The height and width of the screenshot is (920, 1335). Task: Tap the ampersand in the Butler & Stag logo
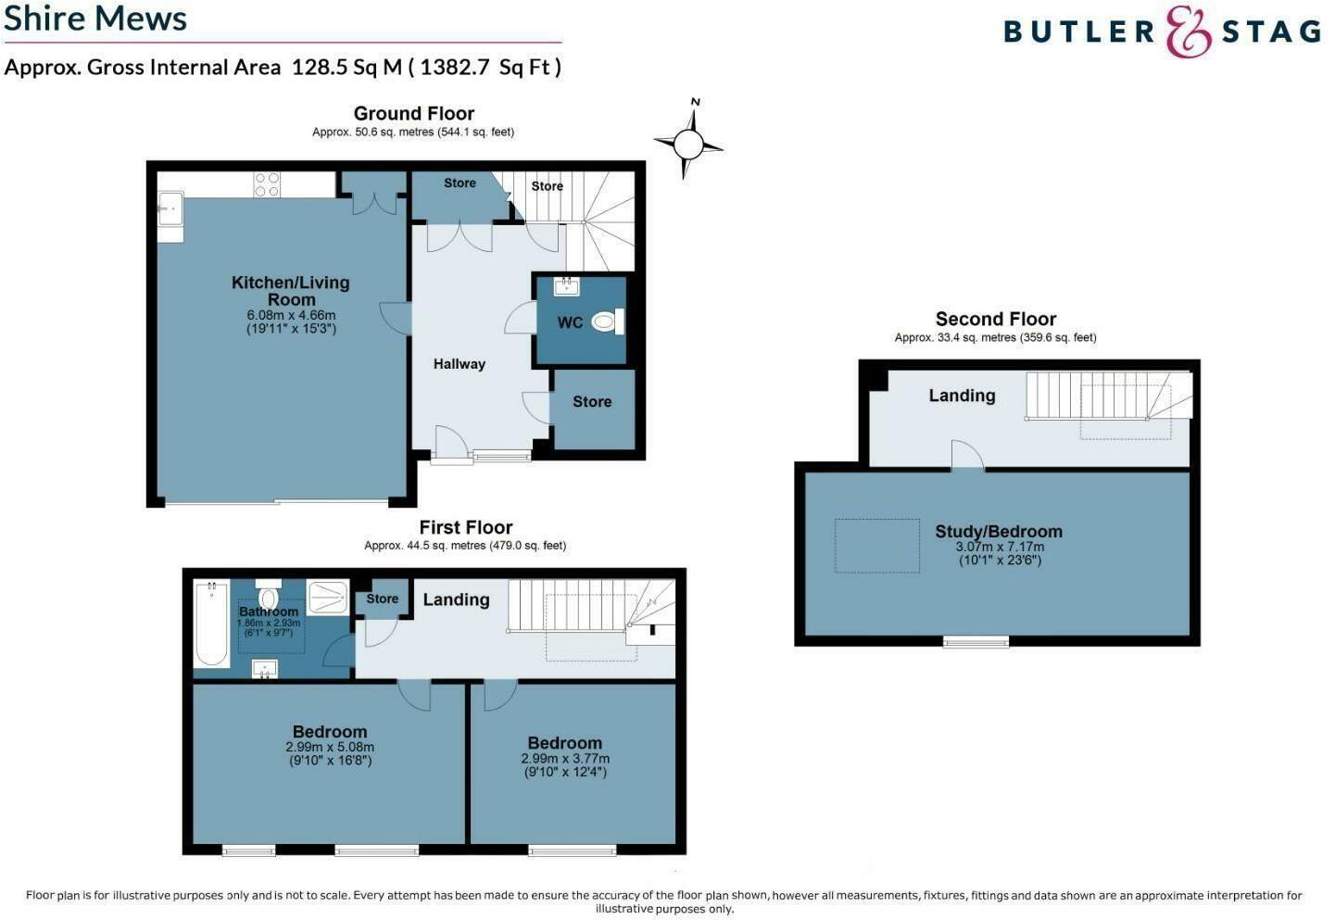click(1188, 32)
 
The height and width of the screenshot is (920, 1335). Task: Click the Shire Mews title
click(95, 19)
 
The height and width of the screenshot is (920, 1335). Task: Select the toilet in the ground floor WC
click(606, 321)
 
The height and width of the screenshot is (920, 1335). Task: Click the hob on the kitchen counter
click(267, 184)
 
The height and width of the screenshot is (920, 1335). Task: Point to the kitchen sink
click(170, 209)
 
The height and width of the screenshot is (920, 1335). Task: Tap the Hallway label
click(459, 364)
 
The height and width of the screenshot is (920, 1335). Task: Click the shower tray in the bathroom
click(327, 597)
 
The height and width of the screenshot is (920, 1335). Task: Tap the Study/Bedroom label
click(998, 532)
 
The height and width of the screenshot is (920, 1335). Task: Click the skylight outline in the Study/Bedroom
click(877, 546)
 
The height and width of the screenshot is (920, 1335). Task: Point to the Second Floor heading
click(995, 319)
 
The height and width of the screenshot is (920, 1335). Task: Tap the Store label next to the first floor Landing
click(382, 599)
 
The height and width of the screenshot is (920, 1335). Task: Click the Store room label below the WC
click(591, 402)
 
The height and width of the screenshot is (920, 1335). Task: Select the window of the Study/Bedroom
click(976, 641)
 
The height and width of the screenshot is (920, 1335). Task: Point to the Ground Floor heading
click(413, 114)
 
